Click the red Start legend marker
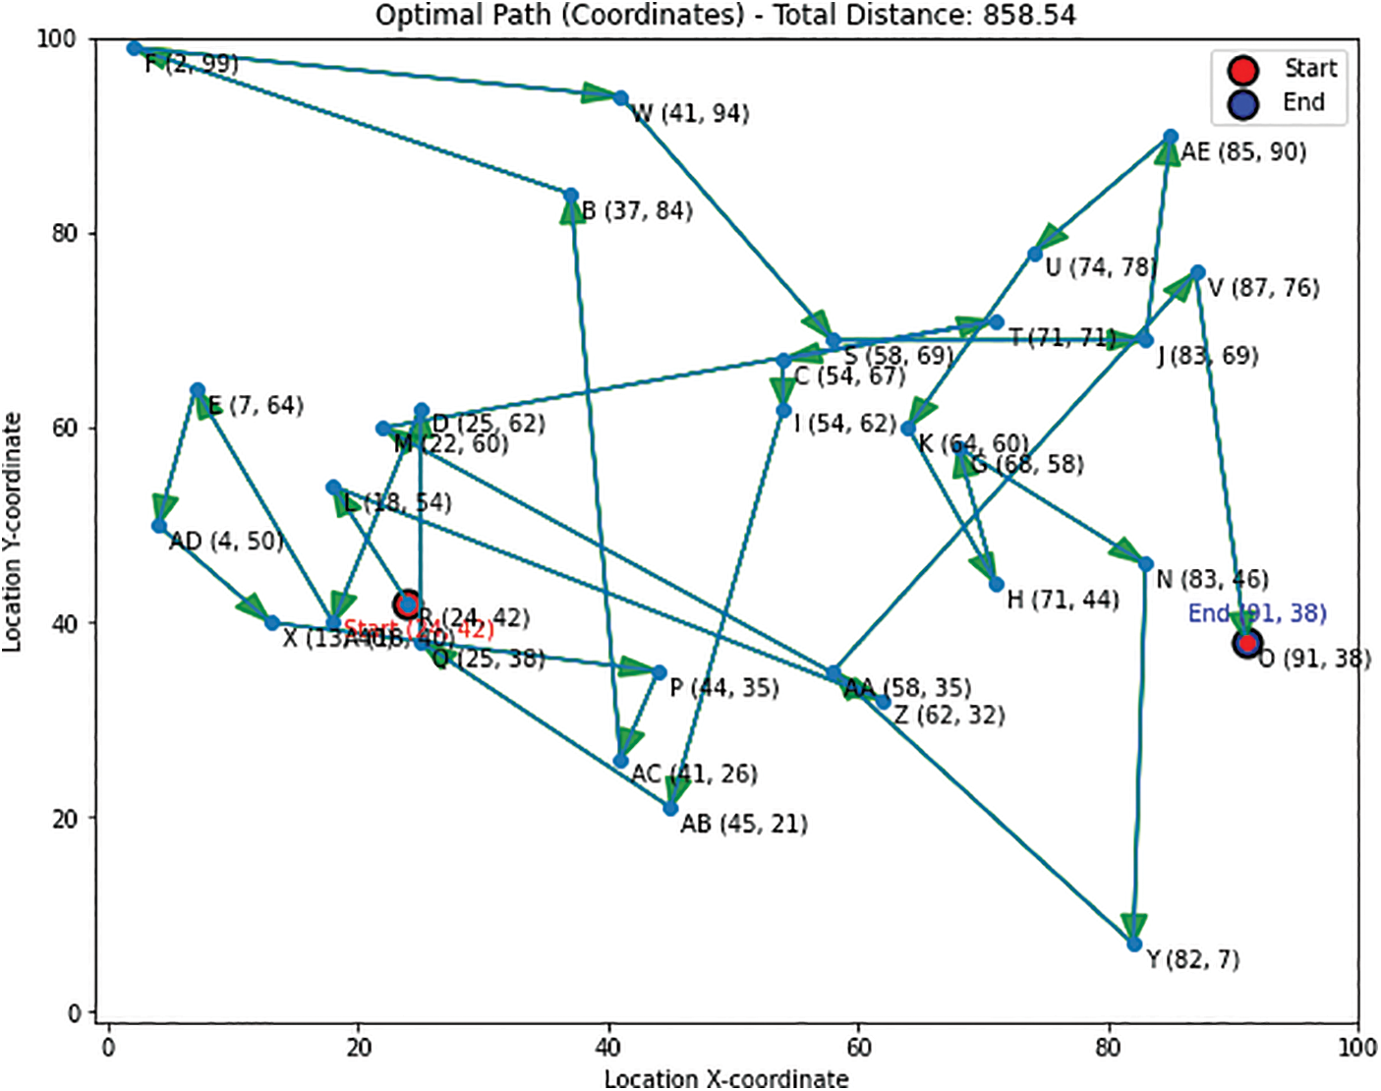click(x=1243, y=70)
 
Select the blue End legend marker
click(x=1243, y=103)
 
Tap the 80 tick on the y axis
click(x=64, y=234)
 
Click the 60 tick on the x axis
click(x=858, y=1048)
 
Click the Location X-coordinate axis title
click(x=725, y=1078)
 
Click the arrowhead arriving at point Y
click(x=1134, y=927)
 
